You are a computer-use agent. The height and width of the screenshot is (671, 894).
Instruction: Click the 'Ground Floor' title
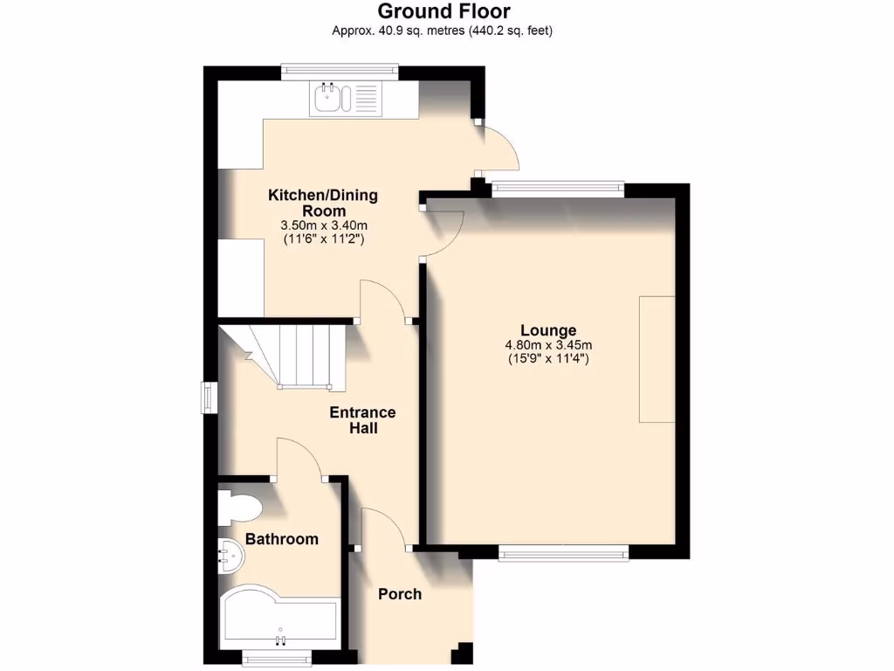click(444, 11)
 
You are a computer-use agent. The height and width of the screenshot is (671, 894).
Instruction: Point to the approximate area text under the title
click(443, 31)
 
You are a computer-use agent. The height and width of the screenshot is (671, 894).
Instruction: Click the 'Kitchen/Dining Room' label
click(322, 203)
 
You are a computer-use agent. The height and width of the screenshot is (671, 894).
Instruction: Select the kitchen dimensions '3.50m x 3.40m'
click(322, 225)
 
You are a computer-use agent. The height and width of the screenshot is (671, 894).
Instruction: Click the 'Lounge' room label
click(548, 330)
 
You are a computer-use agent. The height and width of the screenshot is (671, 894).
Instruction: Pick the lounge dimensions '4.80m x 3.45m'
click(548, 344)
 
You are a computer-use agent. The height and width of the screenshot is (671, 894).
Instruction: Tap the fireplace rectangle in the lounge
click(657, 360)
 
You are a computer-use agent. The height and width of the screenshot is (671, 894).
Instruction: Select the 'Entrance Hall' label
click(362, 420)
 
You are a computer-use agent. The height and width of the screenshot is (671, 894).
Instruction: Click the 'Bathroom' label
click(281, 539)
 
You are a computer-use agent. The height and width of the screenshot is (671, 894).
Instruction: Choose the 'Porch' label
click(400, 594)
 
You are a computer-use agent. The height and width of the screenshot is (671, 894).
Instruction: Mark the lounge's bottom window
click(563, 551)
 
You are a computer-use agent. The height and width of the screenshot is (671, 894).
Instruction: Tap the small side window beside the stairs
click(210, 398)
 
